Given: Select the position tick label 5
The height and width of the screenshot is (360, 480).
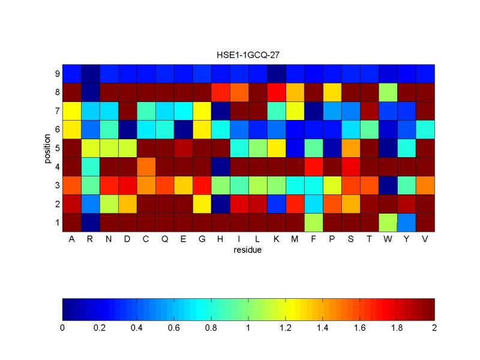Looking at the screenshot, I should click(57, 148).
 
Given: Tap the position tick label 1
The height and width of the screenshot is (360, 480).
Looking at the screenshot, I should click(57, 223).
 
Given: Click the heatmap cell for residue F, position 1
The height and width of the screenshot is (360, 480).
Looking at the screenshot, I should click(314, 223).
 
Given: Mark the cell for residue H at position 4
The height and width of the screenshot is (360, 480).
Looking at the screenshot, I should click(221, 166).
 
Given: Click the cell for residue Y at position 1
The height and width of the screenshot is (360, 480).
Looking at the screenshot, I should click(407, 223).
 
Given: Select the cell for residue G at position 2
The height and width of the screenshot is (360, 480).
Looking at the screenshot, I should click(202, 204).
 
